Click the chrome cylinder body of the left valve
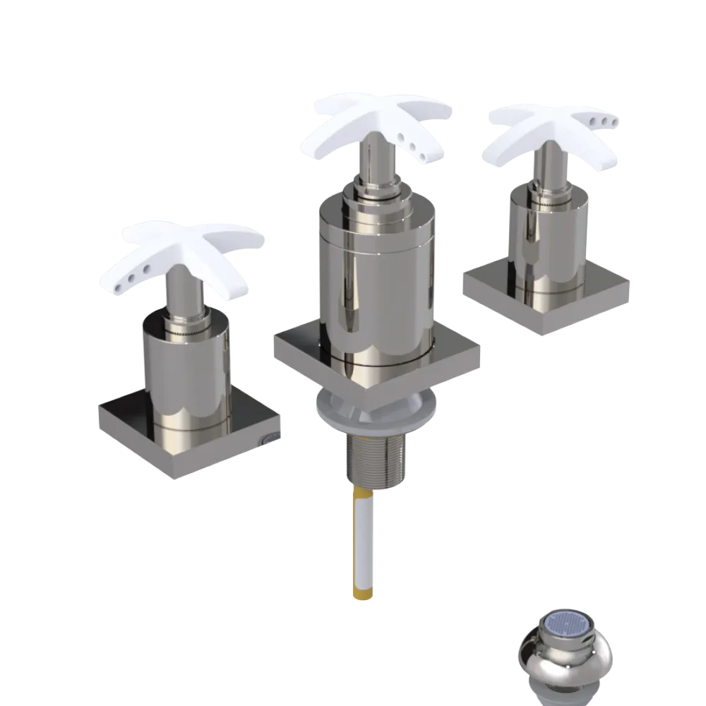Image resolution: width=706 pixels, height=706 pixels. [187, 367]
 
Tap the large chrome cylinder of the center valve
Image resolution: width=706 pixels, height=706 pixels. [374, 282]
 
